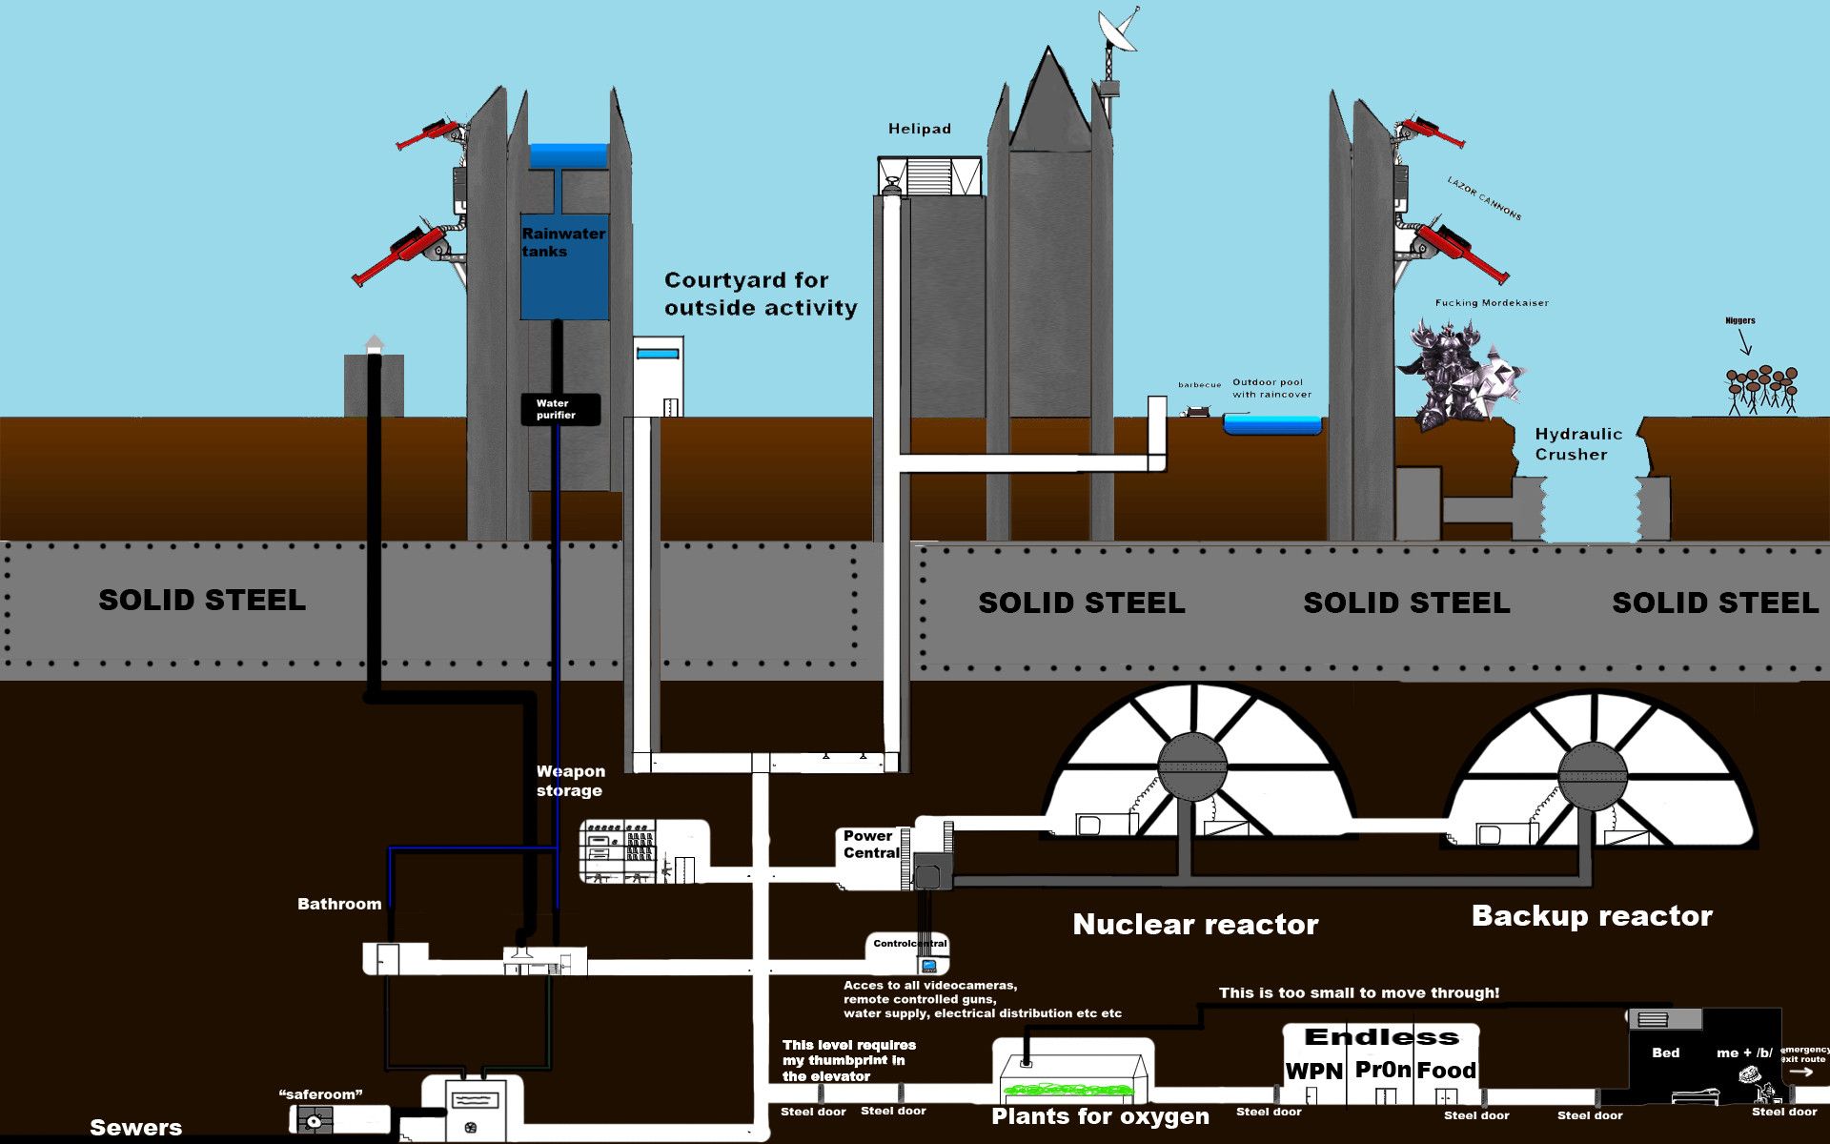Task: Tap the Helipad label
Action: click(919, 129)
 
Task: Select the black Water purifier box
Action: click(560, 409)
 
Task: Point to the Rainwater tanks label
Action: click(562, 242)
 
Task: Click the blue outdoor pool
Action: click(1272, 425)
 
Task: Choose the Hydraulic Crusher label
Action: click(1577, 444)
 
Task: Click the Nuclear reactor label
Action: click(1195, 924)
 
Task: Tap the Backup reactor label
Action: click(1592, 916)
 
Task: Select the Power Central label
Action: click(870, 845)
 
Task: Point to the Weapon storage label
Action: click(570, 781)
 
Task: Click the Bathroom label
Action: click(339, 904)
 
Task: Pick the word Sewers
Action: click(135, 1128)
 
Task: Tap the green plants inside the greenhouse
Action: click(1071, 1090)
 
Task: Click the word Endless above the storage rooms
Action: click(1381, 1037)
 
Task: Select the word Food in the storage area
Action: click(1446, 1071)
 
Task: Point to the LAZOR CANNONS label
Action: click(1484, 198)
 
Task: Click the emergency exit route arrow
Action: click(1800, 1072)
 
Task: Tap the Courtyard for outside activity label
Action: click(761, 294)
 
